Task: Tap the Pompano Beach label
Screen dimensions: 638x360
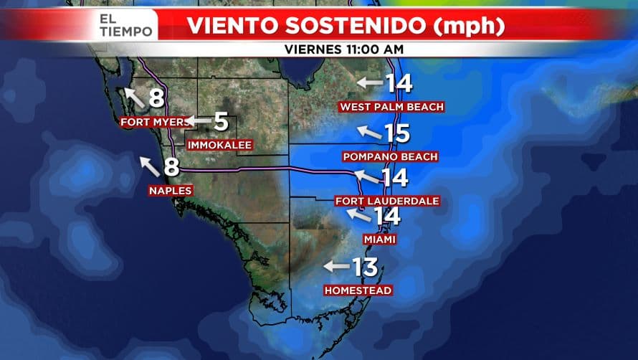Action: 390,156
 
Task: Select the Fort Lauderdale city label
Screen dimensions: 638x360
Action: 387,201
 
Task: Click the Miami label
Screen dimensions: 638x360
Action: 379,239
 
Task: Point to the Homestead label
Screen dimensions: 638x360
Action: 358,290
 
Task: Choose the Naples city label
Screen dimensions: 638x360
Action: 170,190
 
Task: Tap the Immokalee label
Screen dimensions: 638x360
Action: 219,145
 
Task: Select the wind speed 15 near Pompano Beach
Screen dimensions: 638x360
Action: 396,133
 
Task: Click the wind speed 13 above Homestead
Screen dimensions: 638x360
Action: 365,267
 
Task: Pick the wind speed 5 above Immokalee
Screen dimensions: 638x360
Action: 221,122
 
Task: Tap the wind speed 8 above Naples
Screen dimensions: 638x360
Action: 171,167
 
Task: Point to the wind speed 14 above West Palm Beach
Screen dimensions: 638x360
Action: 399,83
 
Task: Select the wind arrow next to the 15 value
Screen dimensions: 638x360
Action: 368,133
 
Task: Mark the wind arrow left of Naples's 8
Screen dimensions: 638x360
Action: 149,166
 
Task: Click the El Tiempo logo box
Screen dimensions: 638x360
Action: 126,24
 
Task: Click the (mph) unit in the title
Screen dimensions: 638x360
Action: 470,26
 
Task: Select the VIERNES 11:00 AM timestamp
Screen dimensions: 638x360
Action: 344,49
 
